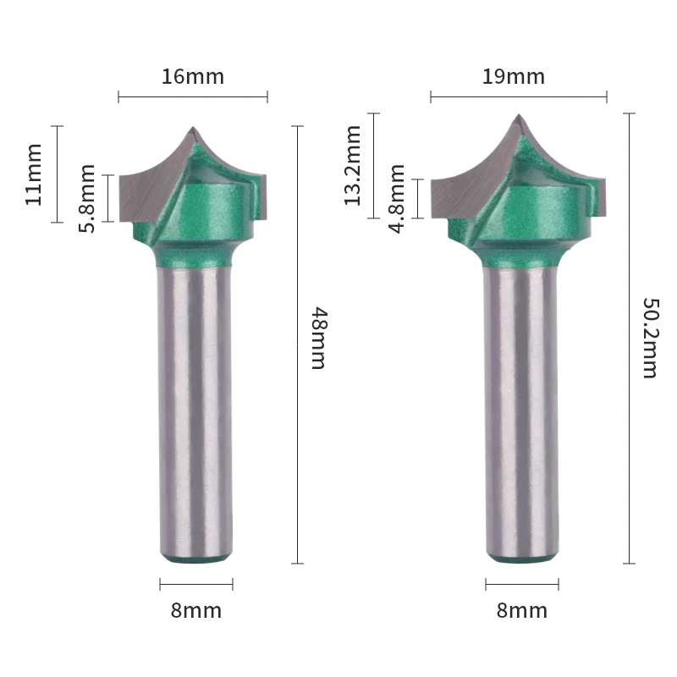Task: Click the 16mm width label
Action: [x=193, y=77]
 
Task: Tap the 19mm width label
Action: [x=514, y=77]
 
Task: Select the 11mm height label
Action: [x=34, y=175]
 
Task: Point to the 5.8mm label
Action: [x=87, y=199]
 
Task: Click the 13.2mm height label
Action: [x=352, y=165]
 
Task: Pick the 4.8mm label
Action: [x=396, y=199]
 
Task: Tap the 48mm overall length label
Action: [x=320, y=338]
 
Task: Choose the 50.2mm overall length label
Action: [x=651, y=338]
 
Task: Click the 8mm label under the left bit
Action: [x=196, y=610]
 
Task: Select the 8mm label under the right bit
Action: [x=522, y=610]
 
